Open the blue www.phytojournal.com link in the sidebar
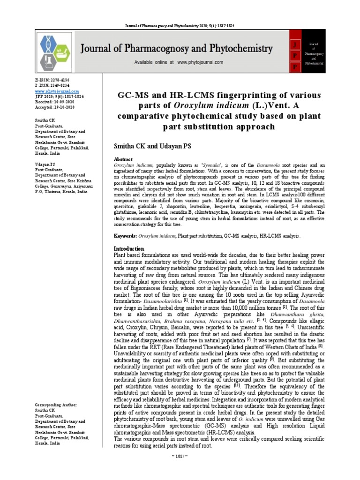tap(52, 91)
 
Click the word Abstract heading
tap(124, 159)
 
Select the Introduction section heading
tap(130, 248)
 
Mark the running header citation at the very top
tap(180, 24)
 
